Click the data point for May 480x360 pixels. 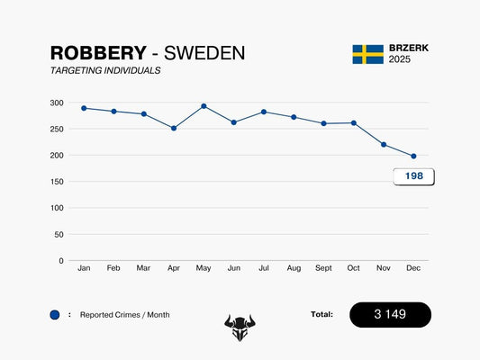pos(204,106)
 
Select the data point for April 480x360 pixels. pos(174,128)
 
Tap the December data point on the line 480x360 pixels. pos(413,157)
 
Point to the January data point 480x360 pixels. pos(84,108)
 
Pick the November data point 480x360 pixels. pos(384,145)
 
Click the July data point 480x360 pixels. pos(264,112)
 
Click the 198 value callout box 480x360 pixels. pos(413,176)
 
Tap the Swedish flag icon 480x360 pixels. pos(367,54)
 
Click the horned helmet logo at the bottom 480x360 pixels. pos(240,327)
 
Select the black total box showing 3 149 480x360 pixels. pos(390,315)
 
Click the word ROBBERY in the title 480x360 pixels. pos(97,54)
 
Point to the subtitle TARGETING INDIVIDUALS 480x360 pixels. pos(105,70)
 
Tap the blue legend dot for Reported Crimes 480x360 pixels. pos(55,315)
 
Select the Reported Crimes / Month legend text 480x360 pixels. pos(124,315)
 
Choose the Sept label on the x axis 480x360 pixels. pos(323,268)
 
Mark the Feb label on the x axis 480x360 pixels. pos(113,268)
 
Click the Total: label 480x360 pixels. pos(322,315)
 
